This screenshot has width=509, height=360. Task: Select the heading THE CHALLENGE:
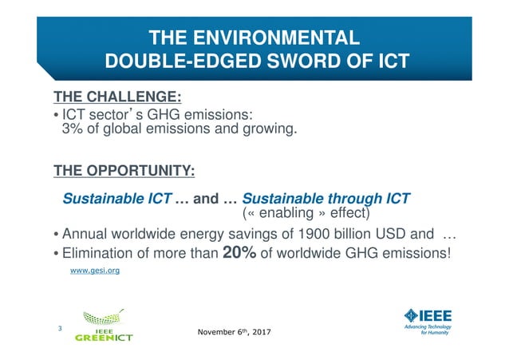117,98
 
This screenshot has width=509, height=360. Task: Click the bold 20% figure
239,253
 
